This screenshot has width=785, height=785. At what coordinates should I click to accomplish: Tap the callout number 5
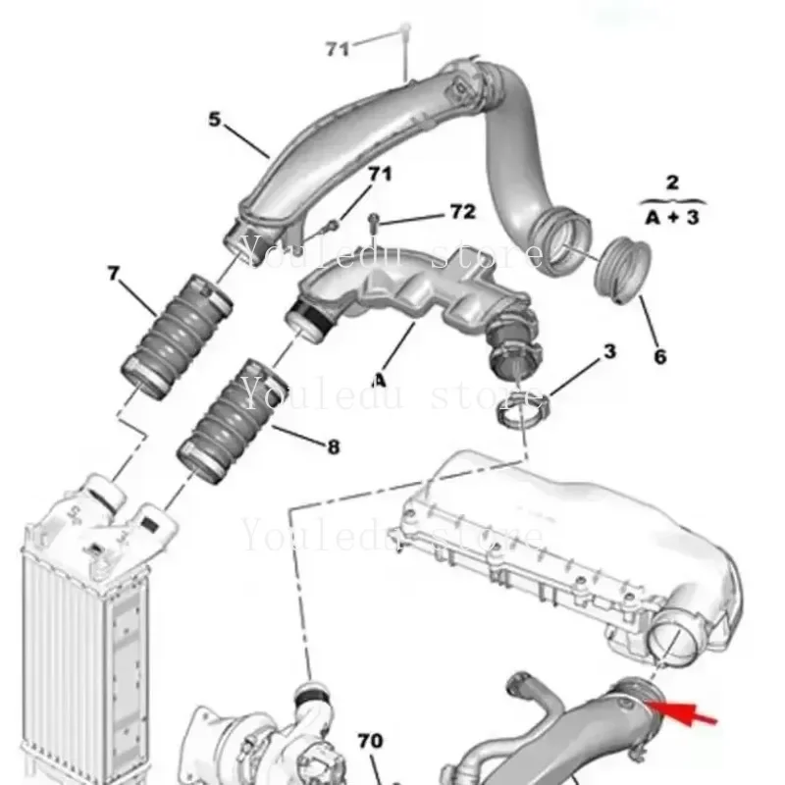pos(215,121)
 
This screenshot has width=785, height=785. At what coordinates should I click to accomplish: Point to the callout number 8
pos(333,446)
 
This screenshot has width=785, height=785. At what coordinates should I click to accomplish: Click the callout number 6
pos(659,356)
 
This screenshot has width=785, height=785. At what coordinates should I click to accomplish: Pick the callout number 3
pos(609,350)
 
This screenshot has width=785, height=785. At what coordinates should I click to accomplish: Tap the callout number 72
pos(462,211)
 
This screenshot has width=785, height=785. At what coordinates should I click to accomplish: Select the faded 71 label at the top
pos(338,47)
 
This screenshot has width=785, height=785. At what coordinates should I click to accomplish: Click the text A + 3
pos(673,217)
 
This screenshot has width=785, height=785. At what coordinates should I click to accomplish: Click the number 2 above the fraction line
pos(672,182)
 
